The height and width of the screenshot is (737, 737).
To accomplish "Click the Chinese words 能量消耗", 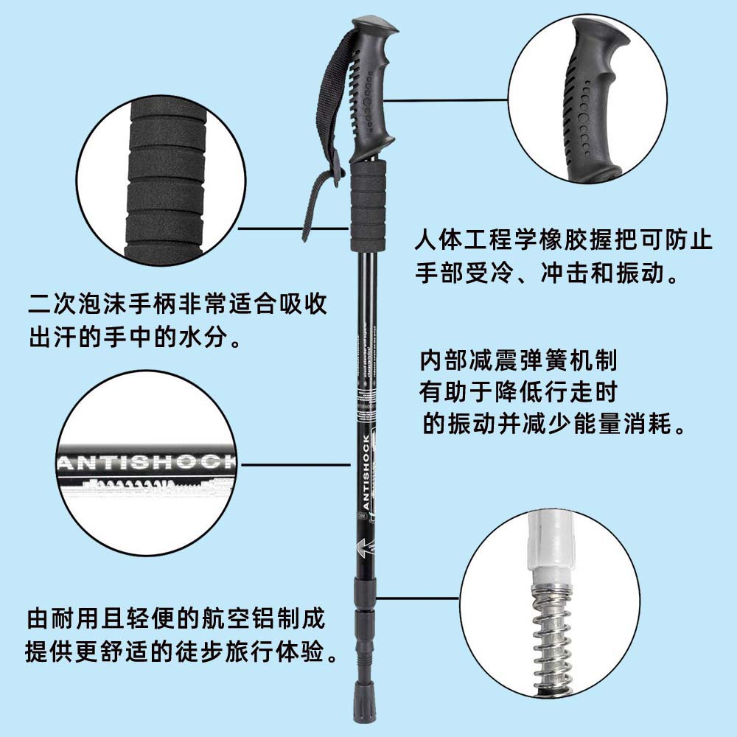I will tap(633, 425).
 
